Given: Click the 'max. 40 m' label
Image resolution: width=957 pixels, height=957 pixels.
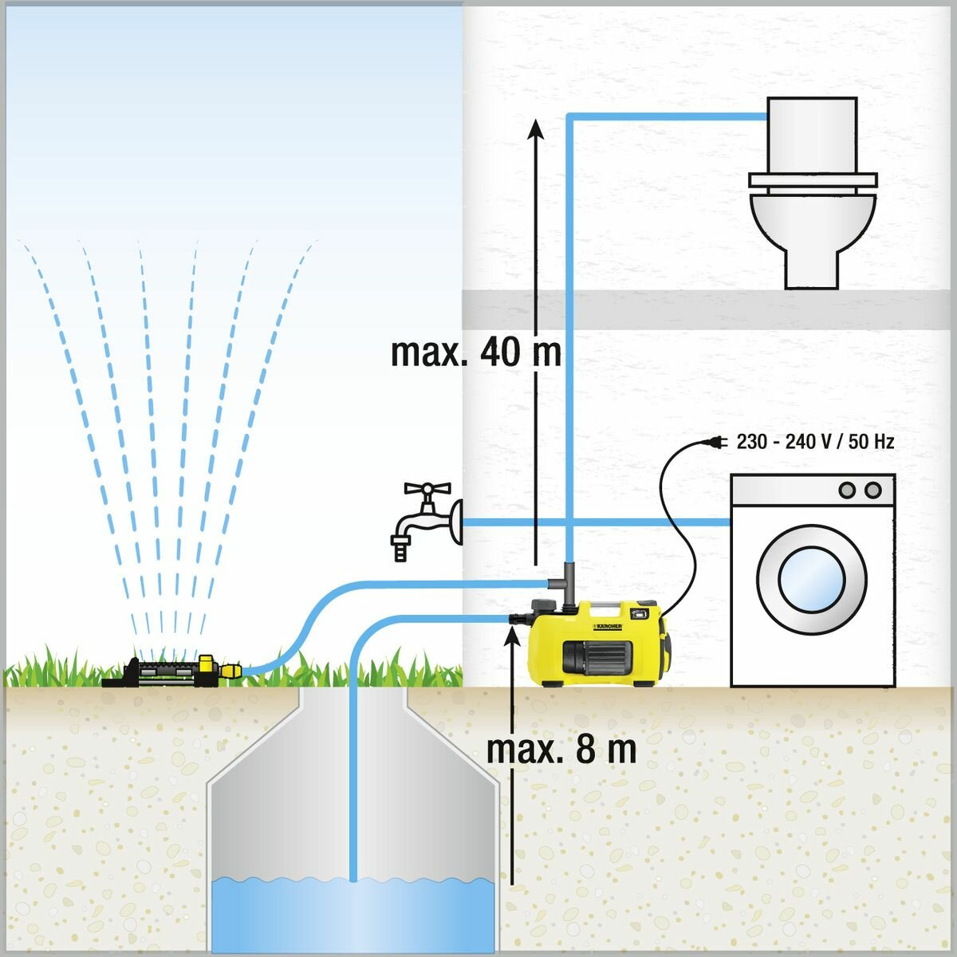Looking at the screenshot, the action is pos(476,352).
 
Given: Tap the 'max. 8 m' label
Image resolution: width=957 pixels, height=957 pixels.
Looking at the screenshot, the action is pos(561,750).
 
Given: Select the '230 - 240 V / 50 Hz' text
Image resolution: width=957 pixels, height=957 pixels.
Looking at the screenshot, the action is pos(815,441).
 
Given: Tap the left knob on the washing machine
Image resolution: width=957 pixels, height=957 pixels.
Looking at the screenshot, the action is pos(849,489).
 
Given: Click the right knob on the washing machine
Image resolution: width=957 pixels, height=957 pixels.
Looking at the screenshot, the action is pos(873,489).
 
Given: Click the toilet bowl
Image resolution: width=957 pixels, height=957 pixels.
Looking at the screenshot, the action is pos(812,227).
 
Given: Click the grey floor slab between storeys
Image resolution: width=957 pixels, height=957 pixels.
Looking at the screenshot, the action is pos(710,309).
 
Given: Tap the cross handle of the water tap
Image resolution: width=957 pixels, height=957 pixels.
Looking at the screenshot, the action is pos(427,489).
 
